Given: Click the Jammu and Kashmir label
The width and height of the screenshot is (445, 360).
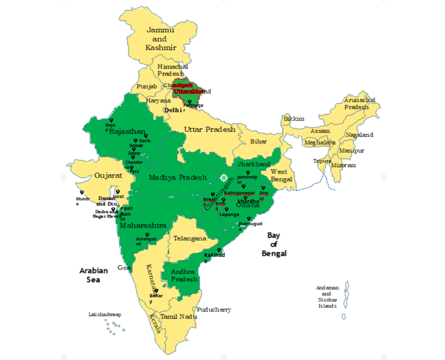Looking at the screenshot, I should click(161, 38).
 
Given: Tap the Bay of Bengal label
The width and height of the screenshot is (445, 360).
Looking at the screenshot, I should click(274, 244).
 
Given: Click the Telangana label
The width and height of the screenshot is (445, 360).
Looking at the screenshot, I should click(190, 239).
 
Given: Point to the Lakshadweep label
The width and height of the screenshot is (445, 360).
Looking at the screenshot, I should click(104, 314).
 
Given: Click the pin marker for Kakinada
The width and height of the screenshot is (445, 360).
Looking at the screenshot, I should click(218, 250).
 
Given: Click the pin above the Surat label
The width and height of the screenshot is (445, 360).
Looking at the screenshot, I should click(117, 192).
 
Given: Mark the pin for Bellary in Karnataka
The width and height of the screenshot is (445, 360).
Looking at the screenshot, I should click(155, 290).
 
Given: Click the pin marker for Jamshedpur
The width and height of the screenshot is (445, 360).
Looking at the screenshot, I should click(247, 173).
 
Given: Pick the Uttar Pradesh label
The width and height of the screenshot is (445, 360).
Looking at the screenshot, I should click(210, 129).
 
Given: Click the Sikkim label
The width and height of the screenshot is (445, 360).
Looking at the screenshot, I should click(294, 118).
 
